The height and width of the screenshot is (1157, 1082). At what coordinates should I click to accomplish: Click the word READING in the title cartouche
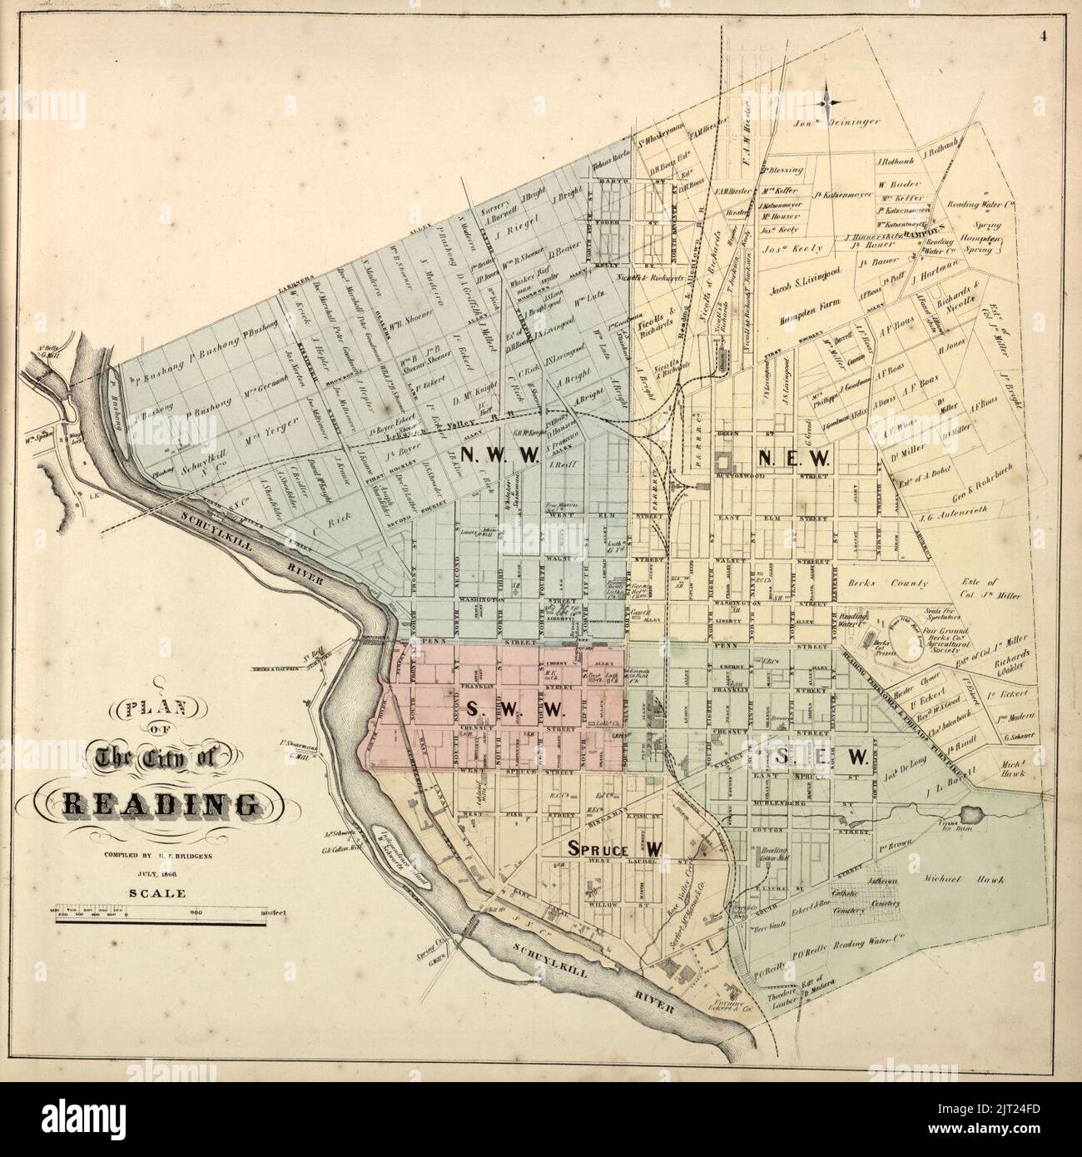pyautogui.click(x=160, y=805)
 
